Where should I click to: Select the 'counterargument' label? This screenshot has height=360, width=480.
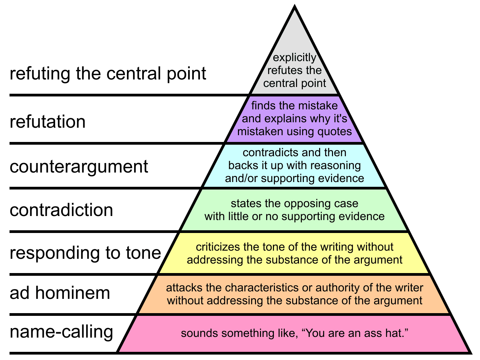click(x=79, y=167)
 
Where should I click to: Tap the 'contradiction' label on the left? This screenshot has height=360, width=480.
click(x=61, y=210)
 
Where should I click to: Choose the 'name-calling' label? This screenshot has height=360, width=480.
click(x=61, y=332)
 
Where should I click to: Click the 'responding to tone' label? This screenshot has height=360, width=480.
click(x=85, y=253)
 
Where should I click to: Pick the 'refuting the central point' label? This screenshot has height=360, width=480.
click(x=108, y=74)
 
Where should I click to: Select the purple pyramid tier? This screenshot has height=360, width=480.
click(x=295, y=119)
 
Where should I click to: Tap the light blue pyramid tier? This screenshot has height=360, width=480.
click(x=295, y=165)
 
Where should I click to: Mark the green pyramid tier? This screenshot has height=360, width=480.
click(x=295, y=210)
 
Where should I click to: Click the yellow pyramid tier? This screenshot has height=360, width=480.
click(x=295, y=253)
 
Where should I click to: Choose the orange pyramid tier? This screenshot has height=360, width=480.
click(x=295, y=294)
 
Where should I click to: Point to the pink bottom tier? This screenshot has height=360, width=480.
click(x=295, y=334)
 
